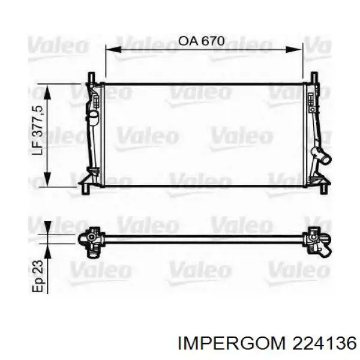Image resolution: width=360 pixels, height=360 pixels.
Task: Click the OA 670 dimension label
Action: click(x=201, y=41)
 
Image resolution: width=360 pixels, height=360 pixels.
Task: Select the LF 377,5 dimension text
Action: click(x=37, y=130)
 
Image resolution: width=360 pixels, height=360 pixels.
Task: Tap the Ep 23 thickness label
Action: click(x=37, y=276)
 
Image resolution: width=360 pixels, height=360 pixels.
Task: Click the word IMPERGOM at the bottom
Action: click(x=231, y=344)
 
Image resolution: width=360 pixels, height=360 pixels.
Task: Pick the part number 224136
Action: click(x=324, y=344)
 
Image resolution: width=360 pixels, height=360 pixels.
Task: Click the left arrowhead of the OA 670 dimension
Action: click(x=113, y=49)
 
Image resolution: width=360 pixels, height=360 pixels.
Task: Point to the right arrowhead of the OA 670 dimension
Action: click(x=294, y=49)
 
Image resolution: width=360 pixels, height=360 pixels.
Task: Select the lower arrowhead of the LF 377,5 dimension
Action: click(x=47, y=179)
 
